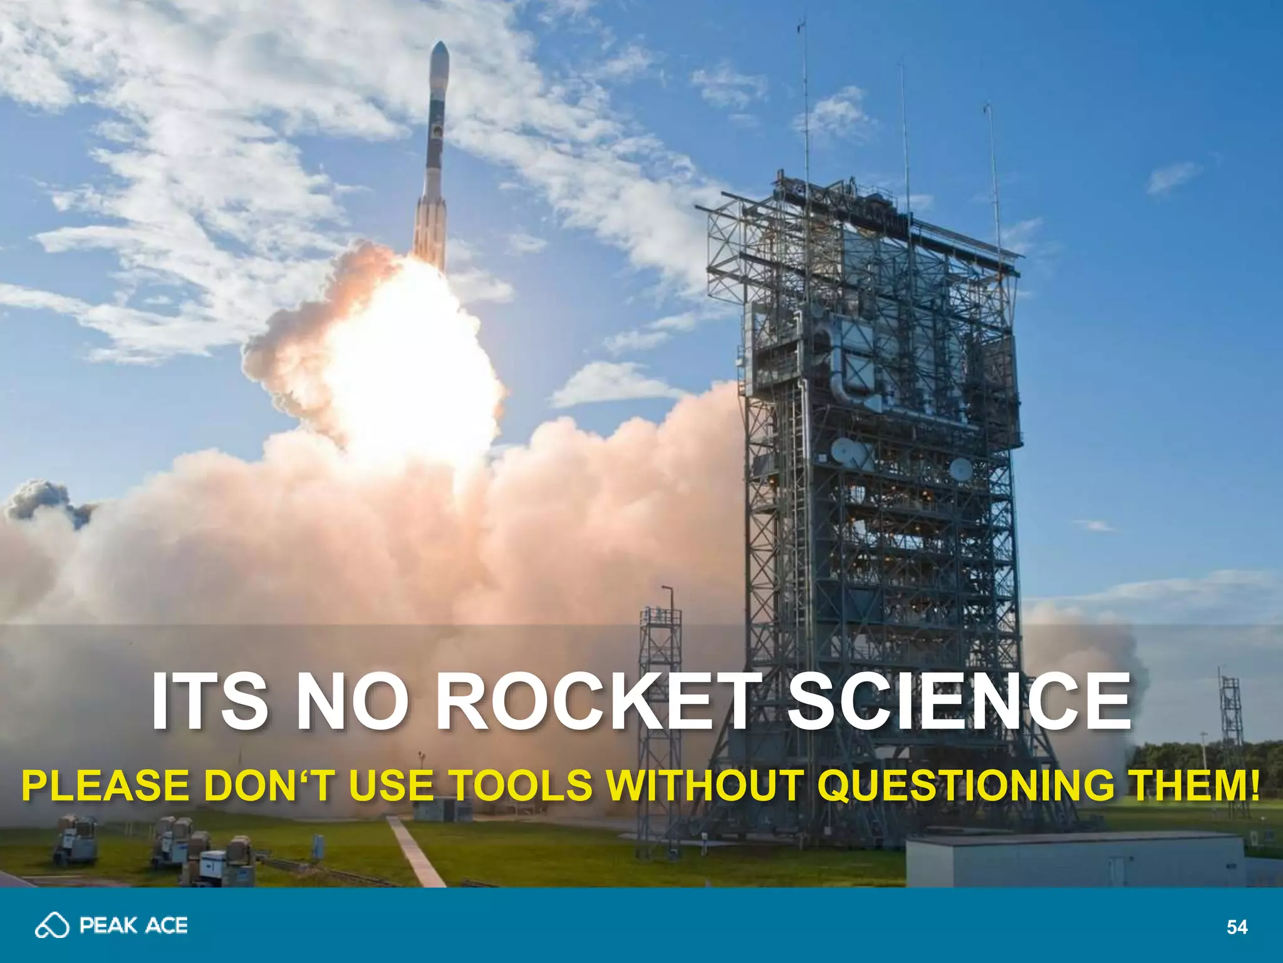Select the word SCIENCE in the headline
[x=958, y=701]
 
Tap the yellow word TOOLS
[x=521, y=785]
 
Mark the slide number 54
[x=1237, y=927]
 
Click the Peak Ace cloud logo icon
[x=52, y=925]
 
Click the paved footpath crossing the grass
[x=416, y=853]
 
